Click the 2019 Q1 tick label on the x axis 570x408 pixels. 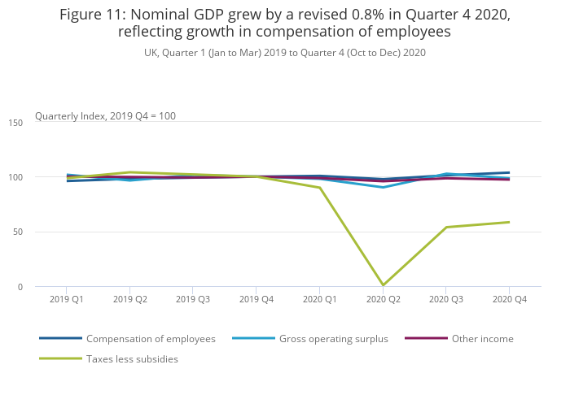(67, 300)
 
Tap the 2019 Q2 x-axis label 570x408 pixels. (129, 300)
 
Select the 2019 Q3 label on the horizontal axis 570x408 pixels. (193, 300)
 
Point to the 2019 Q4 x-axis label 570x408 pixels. (256, 300)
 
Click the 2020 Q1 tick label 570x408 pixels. (319, 300)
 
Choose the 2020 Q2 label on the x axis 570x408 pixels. (383, 300)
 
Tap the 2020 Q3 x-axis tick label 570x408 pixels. (445, 300)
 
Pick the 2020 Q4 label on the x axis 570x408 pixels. (509, 300)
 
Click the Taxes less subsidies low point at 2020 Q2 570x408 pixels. (383, 285)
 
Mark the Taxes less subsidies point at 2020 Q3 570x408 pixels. (445, 228)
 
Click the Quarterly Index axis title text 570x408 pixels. (105, 116)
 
